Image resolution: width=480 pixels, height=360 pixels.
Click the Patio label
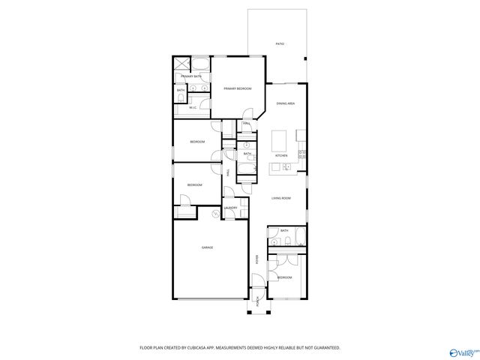point(279,44)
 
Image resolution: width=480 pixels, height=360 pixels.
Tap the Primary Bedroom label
point(237,88)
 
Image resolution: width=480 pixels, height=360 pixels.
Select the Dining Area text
point(285,103)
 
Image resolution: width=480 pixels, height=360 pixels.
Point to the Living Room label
point(281,198)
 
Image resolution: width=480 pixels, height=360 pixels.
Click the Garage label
point(207,247)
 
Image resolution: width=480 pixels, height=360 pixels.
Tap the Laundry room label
point(231,208)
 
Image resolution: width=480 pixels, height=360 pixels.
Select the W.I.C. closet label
point(193,107)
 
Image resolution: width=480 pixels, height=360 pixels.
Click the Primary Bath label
point(190,76)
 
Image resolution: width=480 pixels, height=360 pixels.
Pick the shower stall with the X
point(182,63)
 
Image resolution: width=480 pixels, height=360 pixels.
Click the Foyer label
point(257,259)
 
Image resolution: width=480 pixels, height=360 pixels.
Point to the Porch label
point(258,302)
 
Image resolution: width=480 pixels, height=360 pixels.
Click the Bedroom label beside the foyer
point(284,277)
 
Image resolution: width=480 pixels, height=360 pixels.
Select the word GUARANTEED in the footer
point(324,348)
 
